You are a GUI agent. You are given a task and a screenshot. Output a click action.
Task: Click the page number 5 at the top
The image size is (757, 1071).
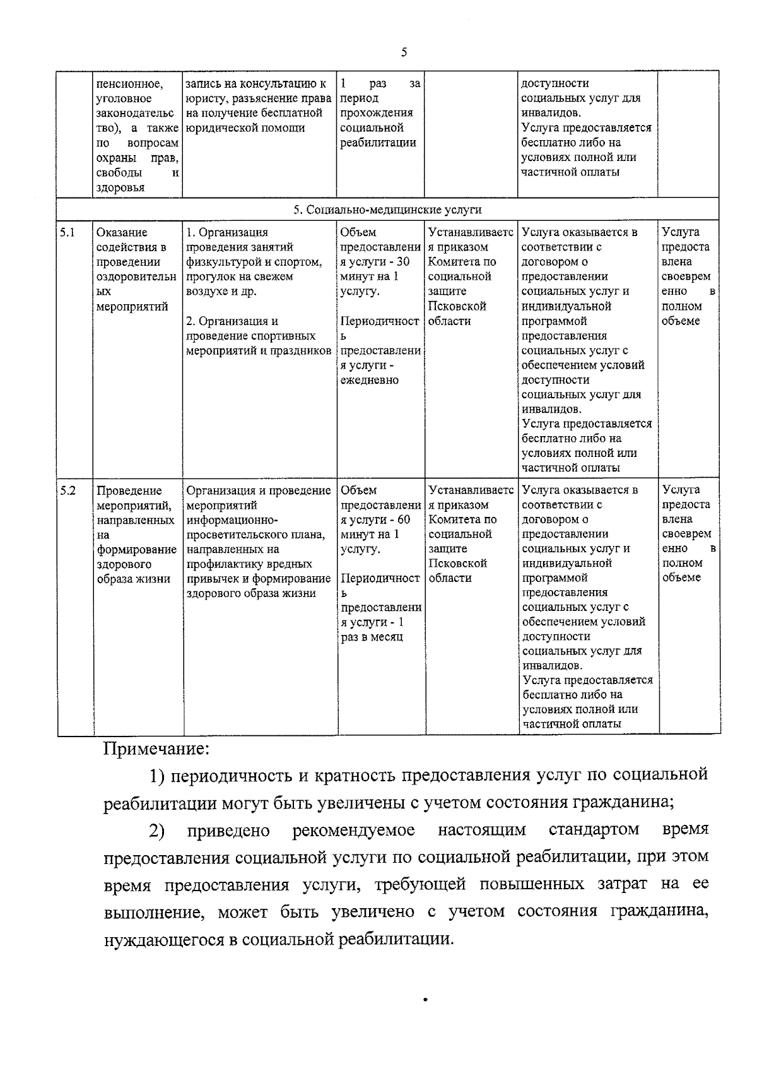coord(403,53)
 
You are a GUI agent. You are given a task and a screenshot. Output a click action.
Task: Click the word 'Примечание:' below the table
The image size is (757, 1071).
coord(155,749)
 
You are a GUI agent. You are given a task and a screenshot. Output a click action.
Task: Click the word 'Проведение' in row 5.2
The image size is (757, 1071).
coord(129,491)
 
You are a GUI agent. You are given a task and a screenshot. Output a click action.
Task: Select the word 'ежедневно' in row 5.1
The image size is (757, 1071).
coord(370,380)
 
